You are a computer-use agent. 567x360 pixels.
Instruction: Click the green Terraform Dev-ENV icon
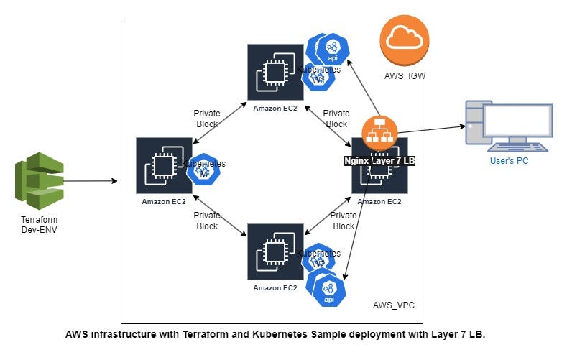coord(40,181)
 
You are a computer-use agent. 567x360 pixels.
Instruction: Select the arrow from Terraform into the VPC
coord(90,181)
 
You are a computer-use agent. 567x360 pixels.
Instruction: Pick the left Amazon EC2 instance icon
coord(164,165)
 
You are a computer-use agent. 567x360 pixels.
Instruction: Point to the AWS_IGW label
coord(401,75)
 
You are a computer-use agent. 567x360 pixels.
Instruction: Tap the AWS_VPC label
coord(393,306)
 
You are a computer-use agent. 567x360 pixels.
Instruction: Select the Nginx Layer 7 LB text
coord(379,161)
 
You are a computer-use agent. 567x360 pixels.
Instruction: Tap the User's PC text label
coord(509,161)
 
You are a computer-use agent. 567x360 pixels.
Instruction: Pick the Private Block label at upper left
coord(207,119)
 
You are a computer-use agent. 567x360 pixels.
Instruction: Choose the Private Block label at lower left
coord(207,221)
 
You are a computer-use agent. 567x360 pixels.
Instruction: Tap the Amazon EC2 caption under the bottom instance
coord(275,287)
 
